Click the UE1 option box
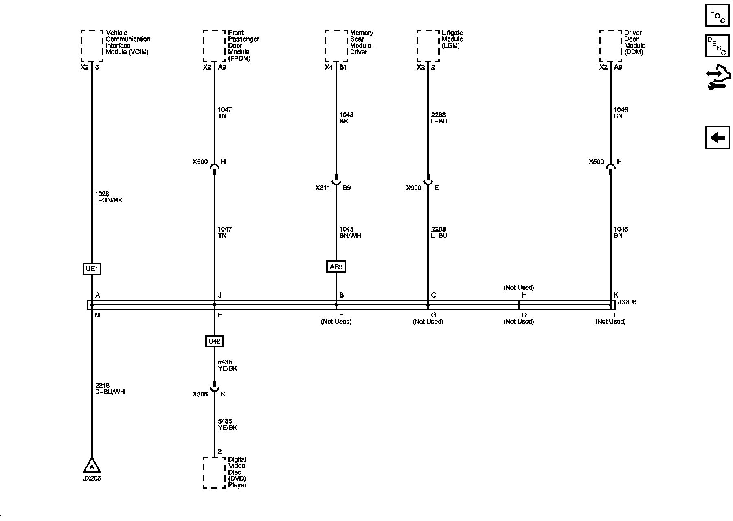[92, 269]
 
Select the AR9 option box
[336, 267]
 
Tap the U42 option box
[214, 341]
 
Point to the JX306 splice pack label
[627, 302]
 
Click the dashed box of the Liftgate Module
[428, 46]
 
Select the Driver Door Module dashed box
[610, 46]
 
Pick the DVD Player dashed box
[214, 472]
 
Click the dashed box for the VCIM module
[92, 46]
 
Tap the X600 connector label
[200, 162]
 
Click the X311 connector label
[323, 188]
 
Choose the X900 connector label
[414, 188]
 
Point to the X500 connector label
[596, 162]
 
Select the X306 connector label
[200, 394]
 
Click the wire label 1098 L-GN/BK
[108, 197]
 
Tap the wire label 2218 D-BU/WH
[110, 389]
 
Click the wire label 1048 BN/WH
[350, 232]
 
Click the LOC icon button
[717, 15]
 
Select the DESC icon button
[717, 46]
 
